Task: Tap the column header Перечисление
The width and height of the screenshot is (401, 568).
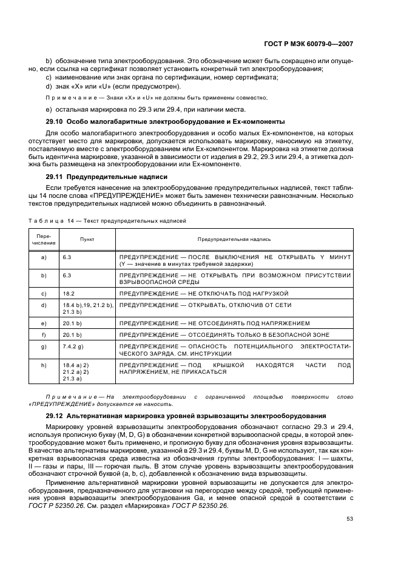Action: click(x=44, y=240)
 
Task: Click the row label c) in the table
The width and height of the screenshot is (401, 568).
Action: click(x=44, y=293)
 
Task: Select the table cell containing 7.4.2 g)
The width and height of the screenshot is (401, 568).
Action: click(x=73, y=347)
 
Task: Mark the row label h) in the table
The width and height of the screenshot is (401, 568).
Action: click(x=44, y=365)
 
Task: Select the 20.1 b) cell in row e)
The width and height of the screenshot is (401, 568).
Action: click(x=72, y=323)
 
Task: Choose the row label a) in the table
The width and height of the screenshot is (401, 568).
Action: click(x=44, y=257)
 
